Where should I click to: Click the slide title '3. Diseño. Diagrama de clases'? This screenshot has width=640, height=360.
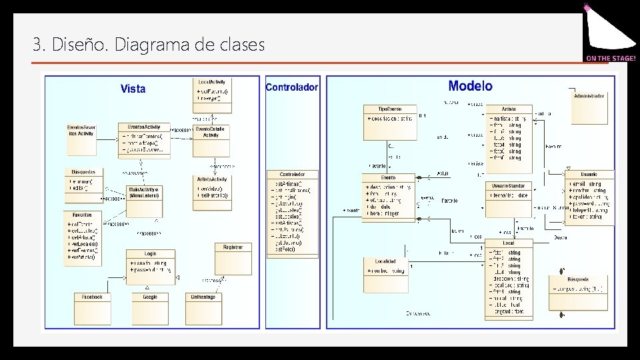click(149, 45)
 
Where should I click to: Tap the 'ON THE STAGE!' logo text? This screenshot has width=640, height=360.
click(611, 59)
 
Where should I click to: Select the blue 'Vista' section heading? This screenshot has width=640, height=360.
click(133, 89)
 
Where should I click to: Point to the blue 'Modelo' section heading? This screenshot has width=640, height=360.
click(470, 85)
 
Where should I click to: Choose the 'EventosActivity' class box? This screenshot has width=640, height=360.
click(144, 139)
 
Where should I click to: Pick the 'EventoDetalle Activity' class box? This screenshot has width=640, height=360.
click(211, 140)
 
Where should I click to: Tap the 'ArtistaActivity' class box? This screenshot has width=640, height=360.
click(213, 189)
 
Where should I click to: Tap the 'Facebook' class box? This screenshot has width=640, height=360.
click(92, 308)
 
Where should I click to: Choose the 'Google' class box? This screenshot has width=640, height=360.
click(150, 308)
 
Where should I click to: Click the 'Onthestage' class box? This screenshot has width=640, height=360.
click(203, 308)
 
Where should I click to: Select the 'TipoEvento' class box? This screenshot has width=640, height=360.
click(389, 121)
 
